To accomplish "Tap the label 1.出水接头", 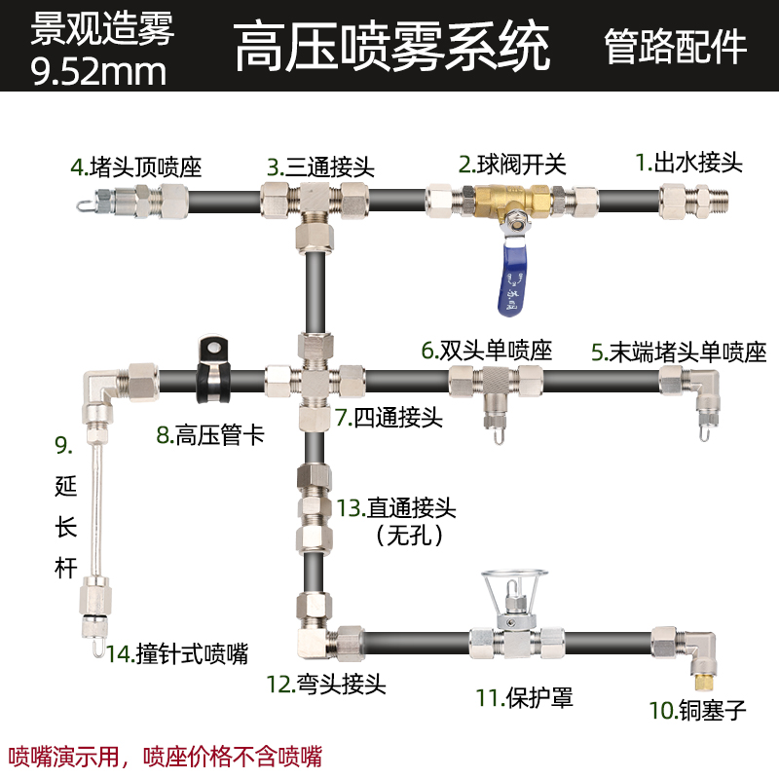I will pos(688,163).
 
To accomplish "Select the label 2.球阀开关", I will pos(512,163).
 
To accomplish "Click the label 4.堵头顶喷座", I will pos(135,167).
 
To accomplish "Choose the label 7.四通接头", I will pos(389,419).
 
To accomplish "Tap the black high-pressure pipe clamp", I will pos(209,370).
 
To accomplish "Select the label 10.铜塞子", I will pos(697,710).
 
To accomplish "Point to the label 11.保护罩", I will pos(524,697).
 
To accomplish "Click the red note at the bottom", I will pos(166,755).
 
